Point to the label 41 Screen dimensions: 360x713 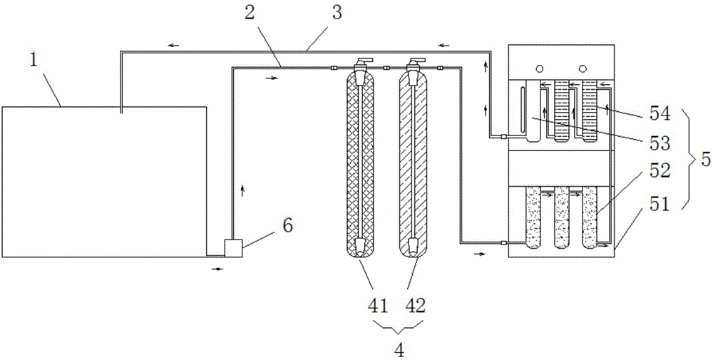[378, 306]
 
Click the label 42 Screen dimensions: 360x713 [416, 306]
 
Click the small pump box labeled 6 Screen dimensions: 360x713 [232, 248]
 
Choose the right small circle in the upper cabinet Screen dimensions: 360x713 [583, 68]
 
